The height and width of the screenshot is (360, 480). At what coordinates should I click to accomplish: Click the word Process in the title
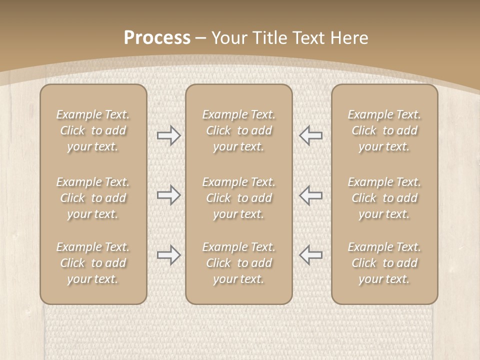click(157, 38)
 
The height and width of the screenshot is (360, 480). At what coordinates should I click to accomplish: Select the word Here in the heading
click(349, 38)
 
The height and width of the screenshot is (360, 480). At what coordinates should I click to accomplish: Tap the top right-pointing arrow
click(168, 135)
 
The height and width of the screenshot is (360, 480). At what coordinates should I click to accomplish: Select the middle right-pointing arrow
click(168, 195)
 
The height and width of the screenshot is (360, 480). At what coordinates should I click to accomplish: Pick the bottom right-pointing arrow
click(168, 255)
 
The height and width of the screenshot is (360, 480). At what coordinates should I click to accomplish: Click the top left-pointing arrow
click(310, 135)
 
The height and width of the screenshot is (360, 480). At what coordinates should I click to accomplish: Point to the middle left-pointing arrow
click(310, 195)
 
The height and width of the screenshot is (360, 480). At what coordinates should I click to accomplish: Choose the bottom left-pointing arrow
click(310, 255)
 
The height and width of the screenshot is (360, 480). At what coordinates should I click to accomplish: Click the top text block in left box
click(93, 130)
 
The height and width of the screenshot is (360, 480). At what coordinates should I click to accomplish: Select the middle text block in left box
click(93, 198)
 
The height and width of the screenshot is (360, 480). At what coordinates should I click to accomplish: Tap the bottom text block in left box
click(93, 263)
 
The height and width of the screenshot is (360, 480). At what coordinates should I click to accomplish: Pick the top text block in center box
click(238, 130)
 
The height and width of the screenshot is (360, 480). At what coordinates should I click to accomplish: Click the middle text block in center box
click(238, 198)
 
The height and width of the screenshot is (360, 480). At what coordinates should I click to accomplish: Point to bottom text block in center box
click(238, 263)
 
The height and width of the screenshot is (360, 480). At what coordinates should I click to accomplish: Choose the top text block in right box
click(384, 130)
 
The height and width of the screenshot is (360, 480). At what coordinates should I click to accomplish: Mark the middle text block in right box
click(384, 198)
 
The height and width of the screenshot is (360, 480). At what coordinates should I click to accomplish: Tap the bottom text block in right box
click(384, 263)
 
